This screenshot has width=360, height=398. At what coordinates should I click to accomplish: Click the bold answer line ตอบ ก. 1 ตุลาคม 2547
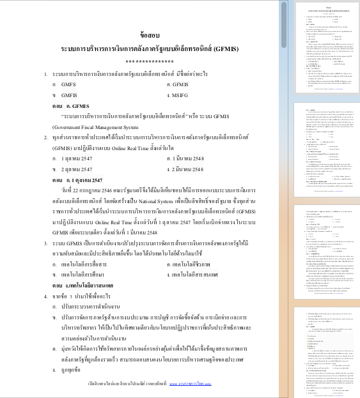click(x=82, y=181)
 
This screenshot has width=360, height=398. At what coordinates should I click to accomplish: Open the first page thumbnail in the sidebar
click(x=326, y=47)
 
